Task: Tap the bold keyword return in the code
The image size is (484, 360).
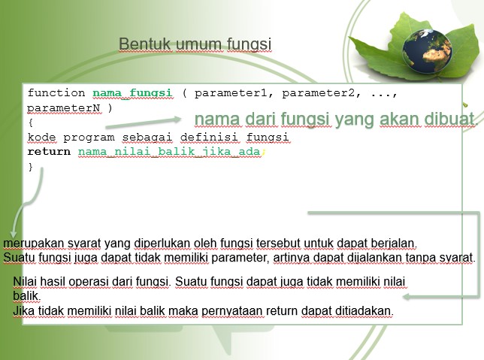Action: [49, 152]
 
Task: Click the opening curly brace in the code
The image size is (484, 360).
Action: [31, 123]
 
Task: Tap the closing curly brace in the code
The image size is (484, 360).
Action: [31, 166]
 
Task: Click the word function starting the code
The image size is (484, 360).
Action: [56, 93]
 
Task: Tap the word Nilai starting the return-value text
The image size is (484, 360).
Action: [26, 282]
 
